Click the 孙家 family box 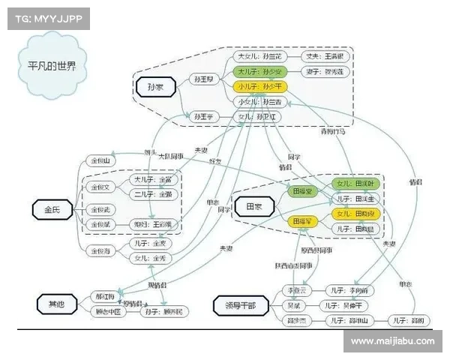(155, 88)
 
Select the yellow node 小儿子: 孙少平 (259, 86)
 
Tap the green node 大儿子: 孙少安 (259, 72)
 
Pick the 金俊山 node (100, 160)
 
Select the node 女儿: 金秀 (149, 257)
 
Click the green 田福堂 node (303, 192)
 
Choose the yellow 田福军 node (303, 221)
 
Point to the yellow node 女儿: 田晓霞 (357, 214)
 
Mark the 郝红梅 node (104, 295)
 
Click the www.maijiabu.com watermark (394, 341)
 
